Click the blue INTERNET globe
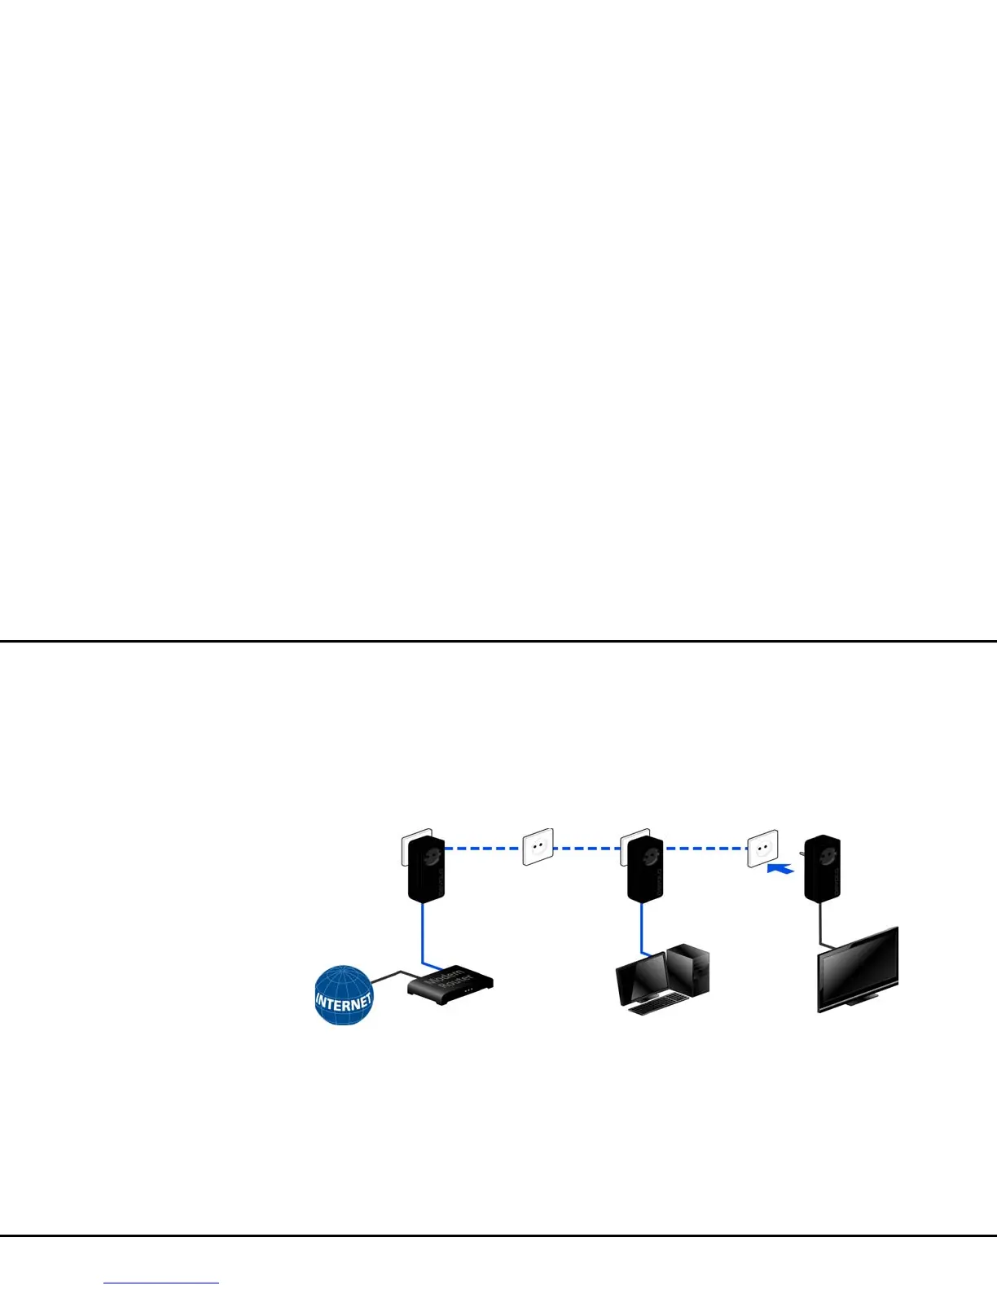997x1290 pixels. (343, 995)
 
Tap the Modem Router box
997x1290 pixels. (450, 985)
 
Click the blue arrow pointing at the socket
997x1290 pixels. (781, 869)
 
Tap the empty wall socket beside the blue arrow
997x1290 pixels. (762, 849)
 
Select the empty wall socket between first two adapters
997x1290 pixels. (538, 847)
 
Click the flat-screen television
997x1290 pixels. (859, 969)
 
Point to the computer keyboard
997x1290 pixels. (656, 1007)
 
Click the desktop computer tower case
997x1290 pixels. (689, 969)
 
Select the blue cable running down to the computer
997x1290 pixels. (641, 928)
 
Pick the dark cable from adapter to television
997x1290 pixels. (820, 924)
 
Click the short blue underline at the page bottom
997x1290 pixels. (161, 1283)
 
